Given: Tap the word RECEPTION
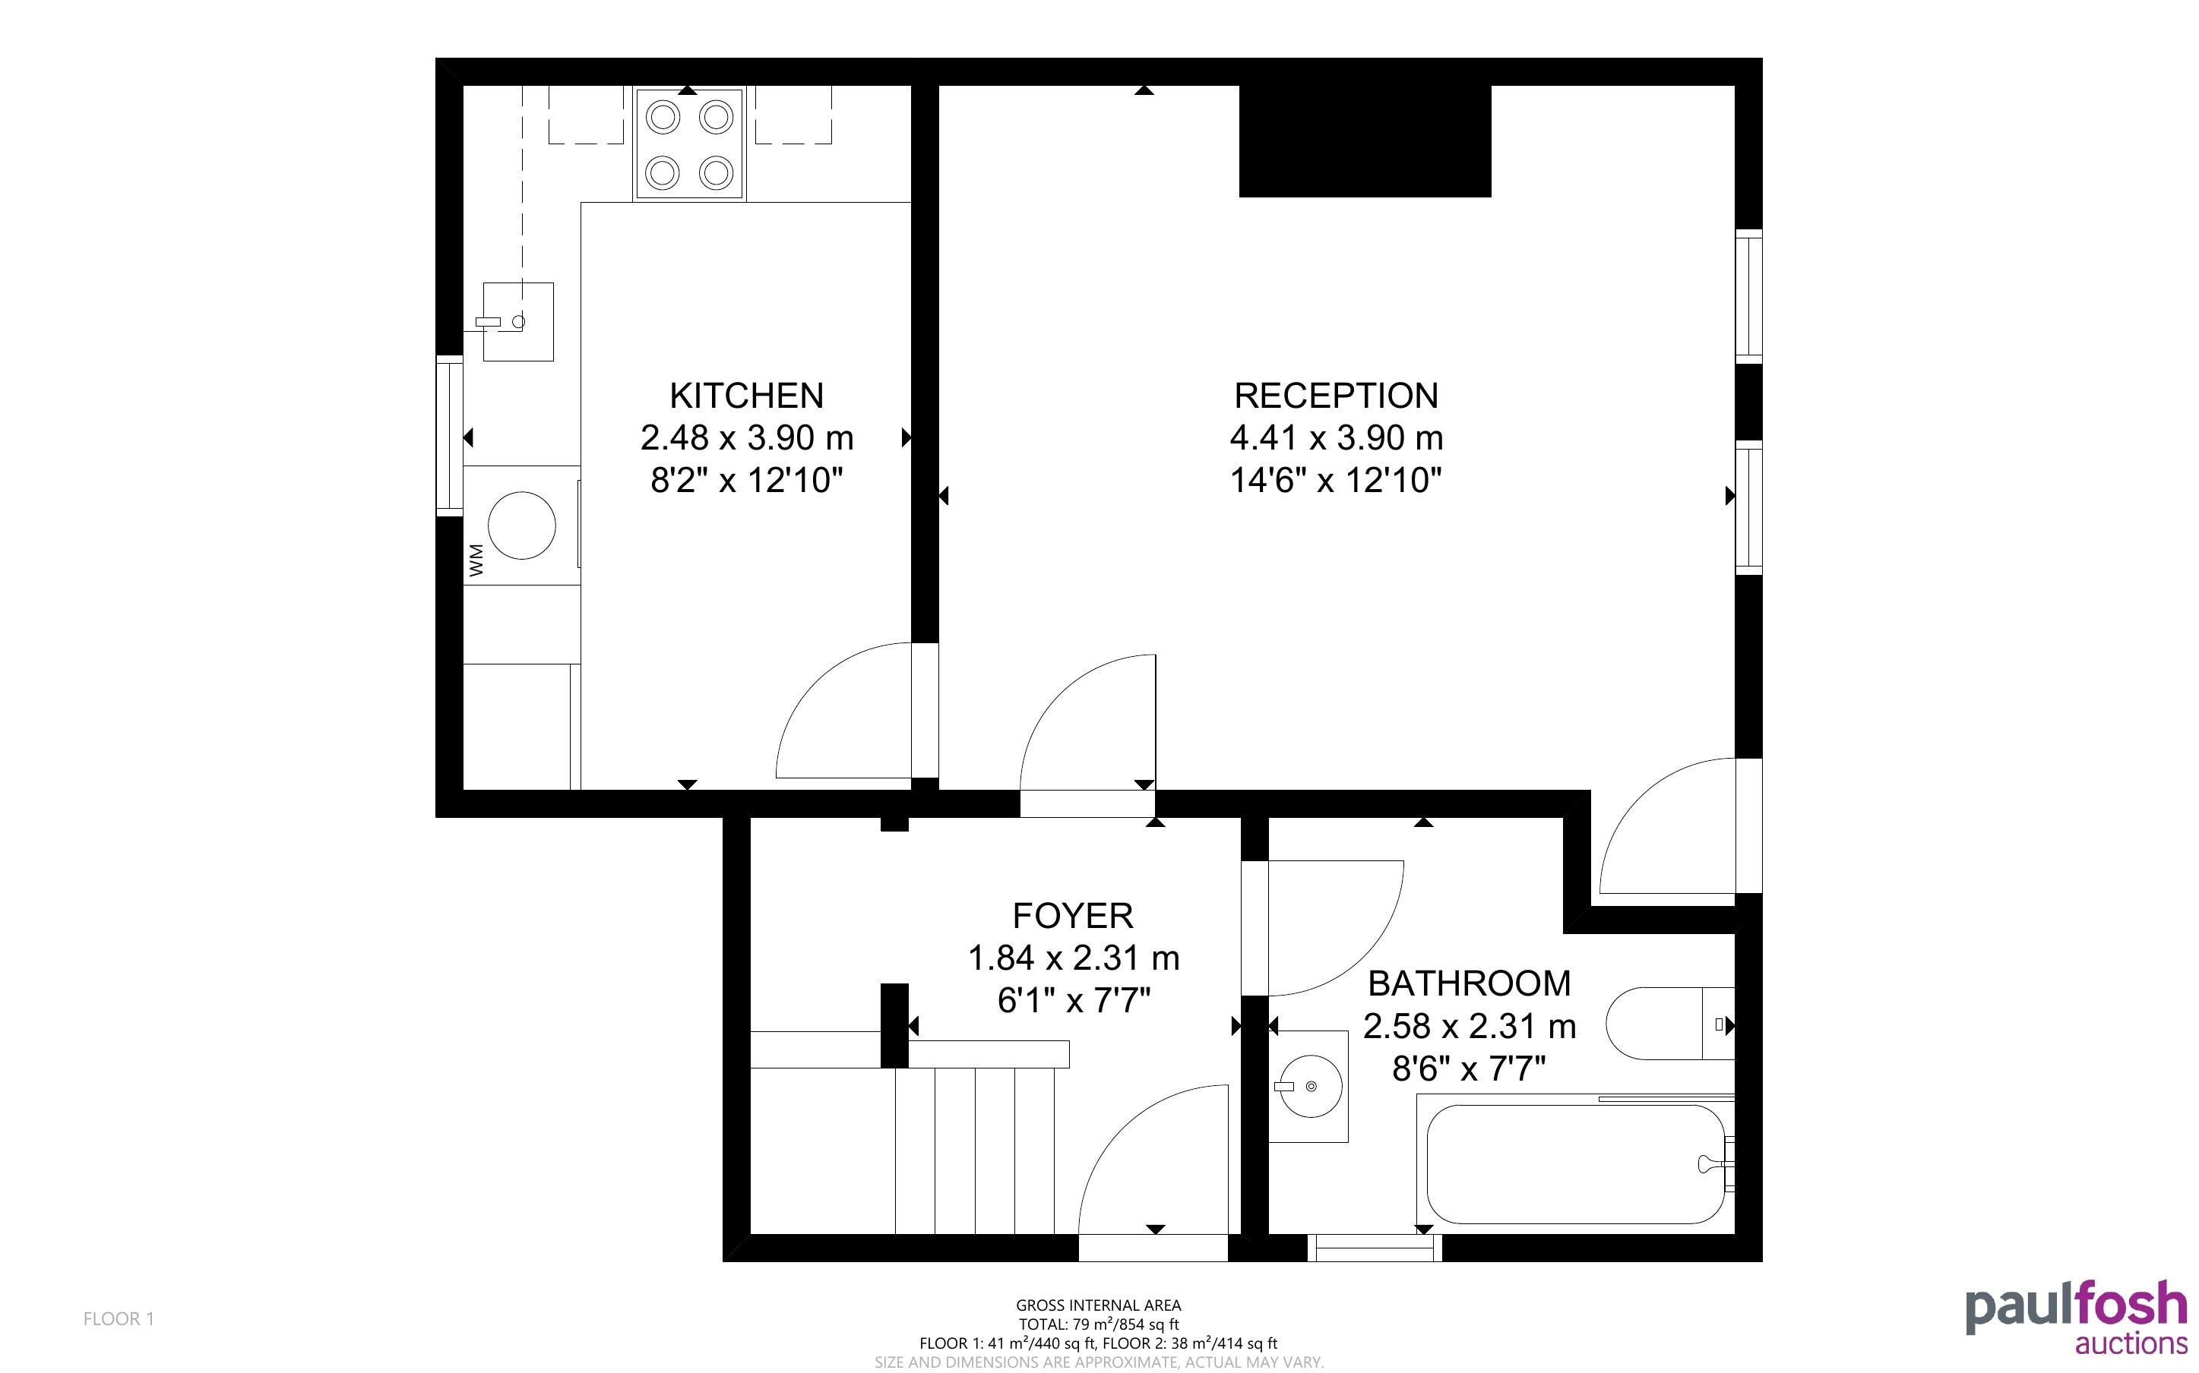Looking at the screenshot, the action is pos(1336,396).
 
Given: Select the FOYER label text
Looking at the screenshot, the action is pos(1073,915).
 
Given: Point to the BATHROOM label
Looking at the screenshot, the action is pos(1469,983).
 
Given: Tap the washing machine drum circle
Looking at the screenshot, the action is pos(521,525).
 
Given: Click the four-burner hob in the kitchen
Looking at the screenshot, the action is pos(689,144).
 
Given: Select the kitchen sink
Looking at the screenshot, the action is pos(517,321).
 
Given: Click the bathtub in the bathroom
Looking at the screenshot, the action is pos(1576,1163).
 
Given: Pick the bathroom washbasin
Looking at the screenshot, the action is pos(1309,1086).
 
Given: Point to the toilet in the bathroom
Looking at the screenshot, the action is pos(1670,1024).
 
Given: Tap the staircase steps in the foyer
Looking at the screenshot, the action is pos(976,1150).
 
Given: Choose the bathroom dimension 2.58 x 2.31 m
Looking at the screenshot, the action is pos(1469,1026).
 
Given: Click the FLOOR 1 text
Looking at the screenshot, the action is pos(119,1318).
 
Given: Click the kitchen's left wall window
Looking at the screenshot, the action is pos(450,436).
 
